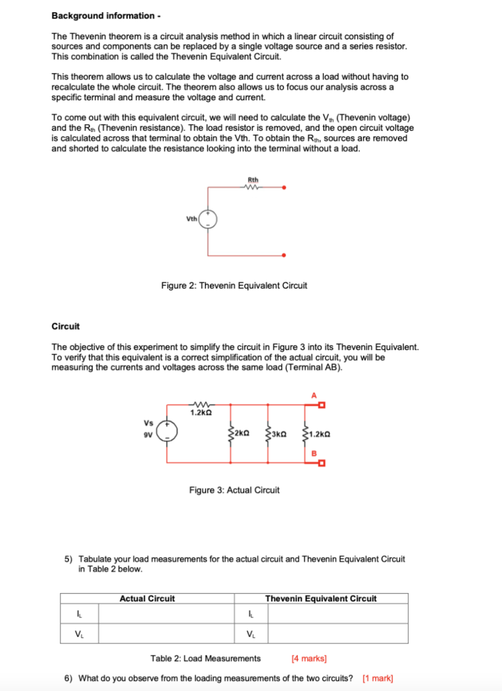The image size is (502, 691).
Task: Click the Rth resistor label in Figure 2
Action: point(253,179)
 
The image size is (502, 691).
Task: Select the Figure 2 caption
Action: point(234,286)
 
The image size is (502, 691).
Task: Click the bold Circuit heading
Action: point(65,326)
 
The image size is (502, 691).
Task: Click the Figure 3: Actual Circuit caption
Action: point(234,490)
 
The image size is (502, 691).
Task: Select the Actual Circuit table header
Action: point(147,599)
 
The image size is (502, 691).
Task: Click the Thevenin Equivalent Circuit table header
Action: point(321,599)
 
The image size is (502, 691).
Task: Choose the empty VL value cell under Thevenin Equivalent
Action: point(338,633)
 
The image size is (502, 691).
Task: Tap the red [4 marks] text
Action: point(308,658)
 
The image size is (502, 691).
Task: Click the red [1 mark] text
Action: point(378,678)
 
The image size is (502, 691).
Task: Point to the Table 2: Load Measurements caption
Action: point(205,658)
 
